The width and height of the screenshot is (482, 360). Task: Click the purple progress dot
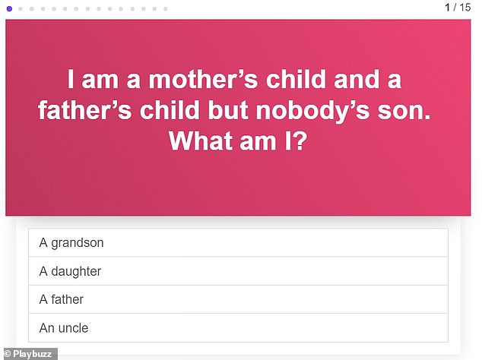tap(8, 8)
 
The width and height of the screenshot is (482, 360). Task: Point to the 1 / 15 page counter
tap(458, 8)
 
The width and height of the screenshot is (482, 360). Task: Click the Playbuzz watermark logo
tap(29, 353)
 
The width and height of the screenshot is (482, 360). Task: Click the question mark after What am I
tap(299, 142)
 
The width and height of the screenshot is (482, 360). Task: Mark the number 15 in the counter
tap(465, 8)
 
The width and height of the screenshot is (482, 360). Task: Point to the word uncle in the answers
tap(73, 328)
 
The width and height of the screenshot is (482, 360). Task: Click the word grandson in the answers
tap(78, 243)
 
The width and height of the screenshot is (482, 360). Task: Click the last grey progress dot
tap(165, 8)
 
